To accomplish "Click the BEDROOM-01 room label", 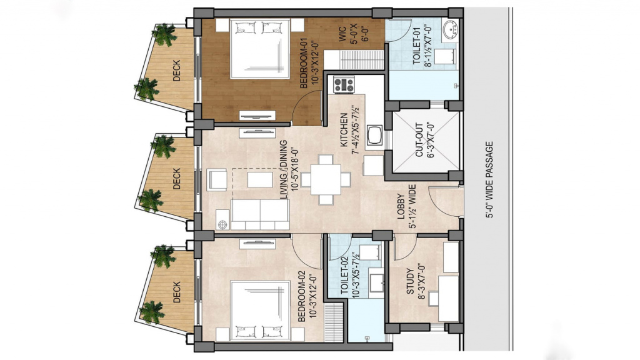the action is point(304,63).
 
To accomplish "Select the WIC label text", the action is point(342,35).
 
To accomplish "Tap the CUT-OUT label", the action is point(419,141).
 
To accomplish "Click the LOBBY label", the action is point(402,207).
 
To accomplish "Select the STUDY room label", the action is point(410,281).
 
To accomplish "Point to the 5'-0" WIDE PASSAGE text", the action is point(489,179).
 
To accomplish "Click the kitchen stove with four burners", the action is point(344,84).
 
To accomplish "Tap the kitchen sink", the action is point(375,136).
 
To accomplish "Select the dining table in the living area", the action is point(326,179).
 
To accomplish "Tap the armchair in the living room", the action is point(217,179).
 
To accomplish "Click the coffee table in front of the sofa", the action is point(260,179).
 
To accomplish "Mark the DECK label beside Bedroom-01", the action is point(176,71).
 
